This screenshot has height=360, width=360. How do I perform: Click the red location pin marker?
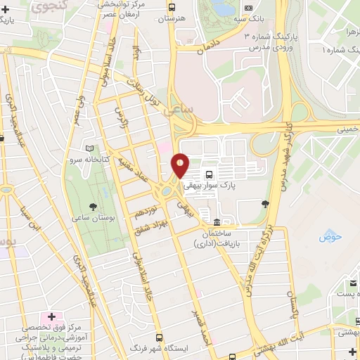coord(181,167)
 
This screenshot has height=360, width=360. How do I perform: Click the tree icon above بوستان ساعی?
coord(92,207)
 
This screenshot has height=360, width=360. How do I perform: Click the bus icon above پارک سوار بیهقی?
coord(208,174)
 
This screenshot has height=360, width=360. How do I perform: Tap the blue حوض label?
coord(329,237)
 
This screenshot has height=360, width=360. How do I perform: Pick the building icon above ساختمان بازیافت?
coord(205,214)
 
